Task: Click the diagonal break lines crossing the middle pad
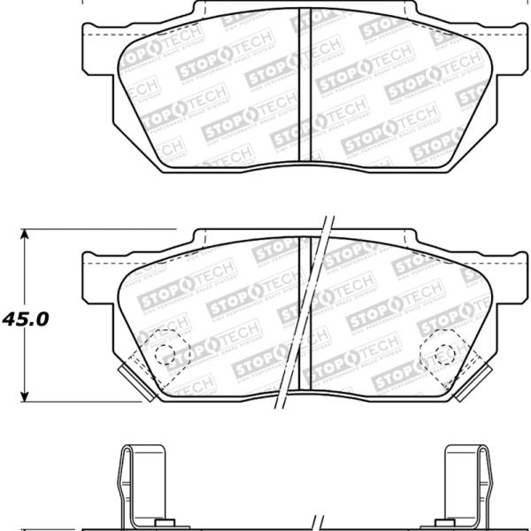(305, 310)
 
